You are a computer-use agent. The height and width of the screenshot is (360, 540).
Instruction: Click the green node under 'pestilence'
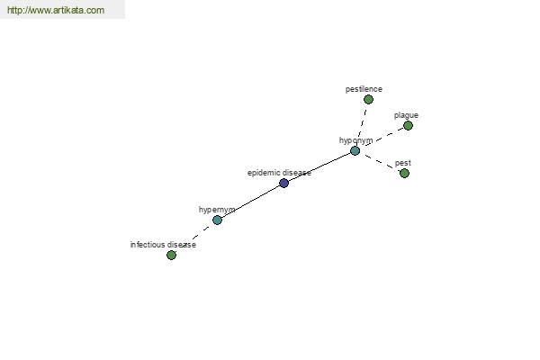click(x=368, y=100)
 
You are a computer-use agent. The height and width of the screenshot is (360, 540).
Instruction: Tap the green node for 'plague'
click(x=408, y=126)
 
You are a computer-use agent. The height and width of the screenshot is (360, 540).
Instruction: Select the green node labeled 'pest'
click(x=404, y=173)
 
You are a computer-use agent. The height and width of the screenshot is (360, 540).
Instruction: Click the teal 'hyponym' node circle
click(x=355, y=151)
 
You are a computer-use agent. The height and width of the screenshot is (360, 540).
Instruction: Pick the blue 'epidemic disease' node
click(x=283, y=183)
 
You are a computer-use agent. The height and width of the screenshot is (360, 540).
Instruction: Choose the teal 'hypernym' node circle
click(x=217, y=220)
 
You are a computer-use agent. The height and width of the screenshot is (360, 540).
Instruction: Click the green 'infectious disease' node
click(x=171, y=255)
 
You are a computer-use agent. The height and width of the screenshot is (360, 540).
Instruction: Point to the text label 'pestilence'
click(x=364, y=89)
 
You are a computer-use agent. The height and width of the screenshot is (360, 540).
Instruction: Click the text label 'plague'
click(x=406, y=115)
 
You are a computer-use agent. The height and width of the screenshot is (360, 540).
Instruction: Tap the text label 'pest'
click(x=403, y=163)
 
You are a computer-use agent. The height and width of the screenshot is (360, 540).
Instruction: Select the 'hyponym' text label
click(x=355, y=140)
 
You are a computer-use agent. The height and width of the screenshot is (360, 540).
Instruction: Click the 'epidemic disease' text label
click(x=279, y=173)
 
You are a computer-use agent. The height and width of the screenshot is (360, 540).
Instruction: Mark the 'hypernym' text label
click(x=217, y=210)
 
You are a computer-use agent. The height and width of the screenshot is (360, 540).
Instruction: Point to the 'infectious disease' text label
click(x=163, y=245)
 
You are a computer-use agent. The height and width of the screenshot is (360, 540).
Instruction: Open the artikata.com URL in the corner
click(x=56, y=10)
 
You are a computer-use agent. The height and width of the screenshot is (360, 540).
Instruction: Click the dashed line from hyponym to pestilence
click(x=362, y=125)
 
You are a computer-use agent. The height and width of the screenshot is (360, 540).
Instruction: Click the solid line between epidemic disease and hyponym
click(x=319, y=167)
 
